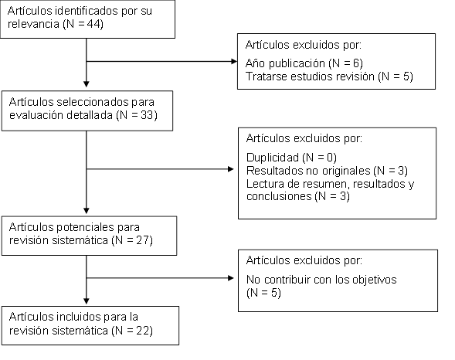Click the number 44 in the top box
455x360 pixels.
click(93, 24)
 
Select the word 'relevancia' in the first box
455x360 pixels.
click(33, 24)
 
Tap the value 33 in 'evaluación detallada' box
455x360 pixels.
click(147, 115)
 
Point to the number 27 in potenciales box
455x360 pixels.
click(142, 240)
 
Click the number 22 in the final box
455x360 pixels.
click(142, 331)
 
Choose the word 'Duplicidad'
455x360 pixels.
click(273, 158)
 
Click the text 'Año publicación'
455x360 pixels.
click(285, 63)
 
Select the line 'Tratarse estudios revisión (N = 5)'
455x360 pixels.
click(329, 76)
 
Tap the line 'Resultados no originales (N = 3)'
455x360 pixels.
click(327, 171)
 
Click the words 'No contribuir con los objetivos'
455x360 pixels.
click(321, 280)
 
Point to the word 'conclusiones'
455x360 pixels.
click(279, 196)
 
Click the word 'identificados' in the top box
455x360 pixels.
click(87, 11)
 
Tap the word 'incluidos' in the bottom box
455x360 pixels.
click(78, 317)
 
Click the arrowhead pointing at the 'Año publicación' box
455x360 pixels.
click(234, 61)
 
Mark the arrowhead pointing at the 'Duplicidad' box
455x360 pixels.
click(231, 169)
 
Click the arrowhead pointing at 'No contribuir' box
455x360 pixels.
click(231, 278)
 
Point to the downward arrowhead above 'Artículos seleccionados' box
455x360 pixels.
click(87, 84)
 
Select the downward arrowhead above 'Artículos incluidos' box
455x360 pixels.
click(87, 301)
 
